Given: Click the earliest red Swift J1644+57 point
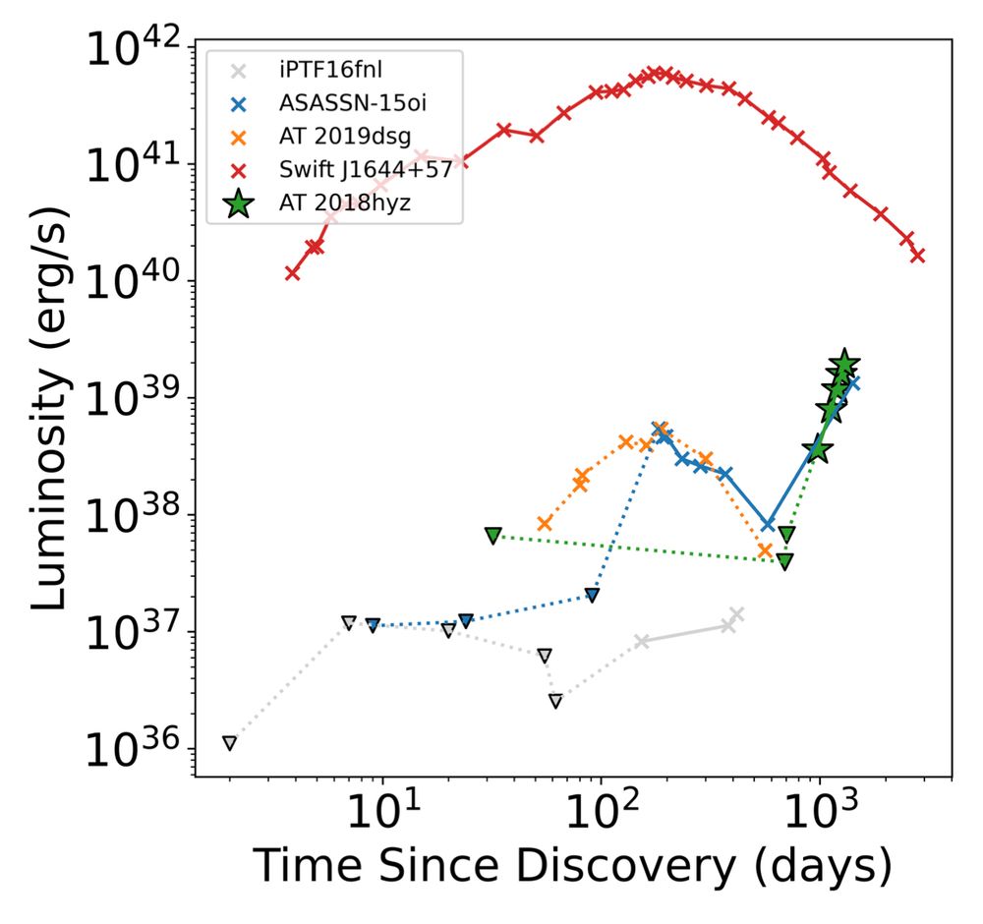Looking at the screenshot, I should point(293,272).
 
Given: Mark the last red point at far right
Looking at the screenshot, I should point(918,255).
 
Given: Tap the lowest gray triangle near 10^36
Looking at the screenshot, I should point(229,743).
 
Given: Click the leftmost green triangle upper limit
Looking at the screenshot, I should point(492,535).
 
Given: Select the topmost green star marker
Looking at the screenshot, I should point(844,364).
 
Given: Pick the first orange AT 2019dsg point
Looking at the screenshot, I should point(545,524).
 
